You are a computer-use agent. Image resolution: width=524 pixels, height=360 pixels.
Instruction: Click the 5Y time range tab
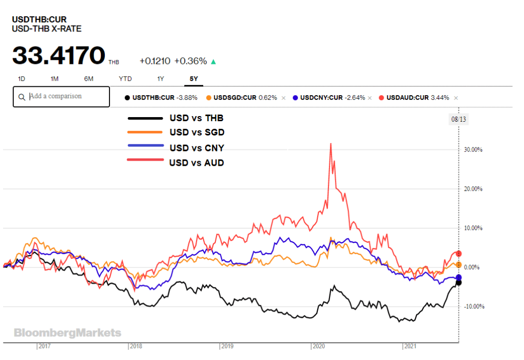coord(194,79)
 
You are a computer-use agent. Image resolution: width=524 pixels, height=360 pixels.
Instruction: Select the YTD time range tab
coord(125,79)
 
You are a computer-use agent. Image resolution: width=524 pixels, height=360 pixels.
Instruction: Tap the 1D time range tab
coord(21,79)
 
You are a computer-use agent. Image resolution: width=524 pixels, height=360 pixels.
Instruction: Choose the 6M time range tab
coord(89,79)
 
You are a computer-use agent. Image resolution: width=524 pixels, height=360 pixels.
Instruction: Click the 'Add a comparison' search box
coord(61,97)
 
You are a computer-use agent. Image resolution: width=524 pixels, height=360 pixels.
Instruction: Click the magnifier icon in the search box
coord(21,97)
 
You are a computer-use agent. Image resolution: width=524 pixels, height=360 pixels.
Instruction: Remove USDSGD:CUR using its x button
coord(283,98)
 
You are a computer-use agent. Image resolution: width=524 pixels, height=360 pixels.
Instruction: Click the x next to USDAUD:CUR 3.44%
coord(456,98)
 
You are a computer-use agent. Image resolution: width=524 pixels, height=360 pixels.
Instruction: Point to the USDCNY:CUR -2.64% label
coord(333,98)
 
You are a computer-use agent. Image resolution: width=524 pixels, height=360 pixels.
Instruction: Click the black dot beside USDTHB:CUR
coord(127,98)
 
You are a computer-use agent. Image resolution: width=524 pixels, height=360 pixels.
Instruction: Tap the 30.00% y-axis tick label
coord(473,150)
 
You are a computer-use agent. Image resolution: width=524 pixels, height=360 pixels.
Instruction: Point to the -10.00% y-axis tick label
coord(474,307)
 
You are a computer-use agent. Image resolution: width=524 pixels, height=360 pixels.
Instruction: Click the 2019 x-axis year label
coord(227,346)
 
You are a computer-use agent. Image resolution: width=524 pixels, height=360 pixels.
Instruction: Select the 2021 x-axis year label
coord(410,346)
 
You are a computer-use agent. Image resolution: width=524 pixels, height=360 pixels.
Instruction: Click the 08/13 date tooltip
coord(458,119)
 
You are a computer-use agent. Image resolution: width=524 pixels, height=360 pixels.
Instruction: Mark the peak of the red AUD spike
coord(331,144)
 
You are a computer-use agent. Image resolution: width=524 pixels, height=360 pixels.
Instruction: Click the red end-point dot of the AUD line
coord(459,254)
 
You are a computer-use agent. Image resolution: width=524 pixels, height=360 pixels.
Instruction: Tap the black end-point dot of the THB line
coord(459,282)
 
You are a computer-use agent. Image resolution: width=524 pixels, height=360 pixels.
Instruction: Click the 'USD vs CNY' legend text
coord(197,148)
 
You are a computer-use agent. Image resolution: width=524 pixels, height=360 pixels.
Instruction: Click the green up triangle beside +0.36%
coord(213,61)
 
